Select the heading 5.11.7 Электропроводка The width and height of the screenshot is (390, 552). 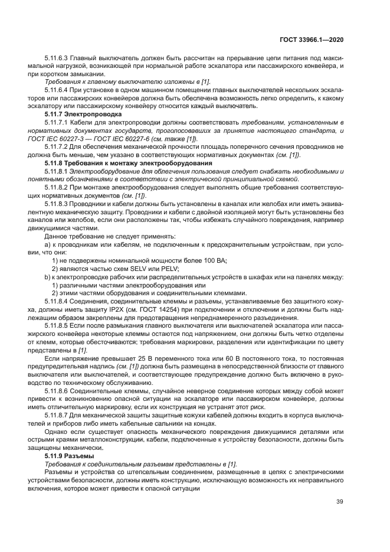[x=83, y=113]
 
